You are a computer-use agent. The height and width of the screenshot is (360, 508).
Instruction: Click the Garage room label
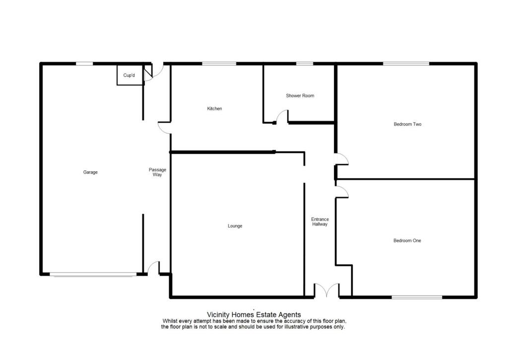(x=90, y=172)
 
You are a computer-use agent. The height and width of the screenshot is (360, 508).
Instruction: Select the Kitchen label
(x=214, y=109)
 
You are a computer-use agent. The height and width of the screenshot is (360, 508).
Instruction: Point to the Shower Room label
(x=300, y=96)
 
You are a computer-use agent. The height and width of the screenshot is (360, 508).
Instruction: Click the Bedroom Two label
(x=407, y=124)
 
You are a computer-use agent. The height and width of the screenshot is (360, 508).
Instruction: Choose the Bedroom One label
(x=407, y=241)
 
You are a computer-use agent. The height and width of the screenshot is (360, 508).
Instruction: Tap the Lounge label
(x=235, y=226)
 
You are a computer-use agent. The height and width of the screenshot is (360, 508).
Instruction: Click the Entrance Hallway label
(x=320, y=221)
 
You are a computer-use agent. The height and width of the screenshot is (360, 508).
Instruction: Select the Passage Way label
(x=157, y=172)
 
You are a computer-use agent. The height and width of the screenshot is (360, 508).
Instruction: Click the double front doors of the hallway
(x=326, y=291)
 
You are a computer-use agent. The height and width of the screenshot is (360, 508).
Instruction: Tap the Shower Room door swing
(x=282, y=117)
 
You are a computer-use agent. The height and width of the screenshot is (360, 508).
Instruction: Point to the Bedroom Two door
(x=342, y=159)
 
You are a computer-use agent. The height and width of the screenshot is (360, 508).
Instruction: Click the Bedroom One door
(x=342, y=192)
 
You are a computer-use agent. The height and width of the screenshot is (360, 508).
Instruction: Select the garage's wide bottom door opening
(x=93, y=274)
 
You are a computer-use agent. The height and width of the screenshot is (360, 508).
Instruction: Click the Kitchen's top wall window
(x=219, y=64)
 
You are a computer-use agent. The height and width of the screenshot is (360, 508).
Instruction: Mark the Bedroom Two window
(x=406, y=64)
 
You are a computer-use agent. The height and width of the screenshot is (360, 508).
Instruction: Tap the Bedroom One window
(x=417, y=297)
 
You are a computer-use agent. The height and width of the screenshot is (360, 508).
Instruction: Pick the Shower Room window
(x=305, y=64)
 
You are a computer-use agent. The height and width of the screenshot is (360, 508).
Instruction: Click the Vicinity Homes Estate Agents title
(x=254, y=314)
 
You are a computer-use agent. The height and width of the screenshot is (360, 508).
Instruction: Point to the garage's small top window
(x=84, y=64)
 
